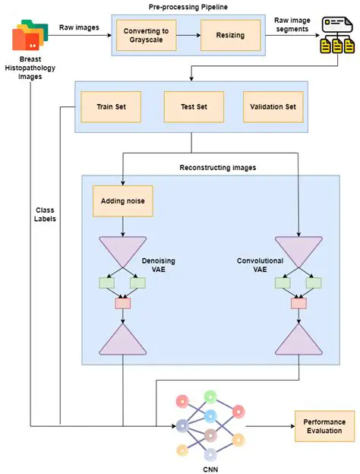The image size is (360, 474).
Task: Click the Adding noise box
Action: tap(122, 202)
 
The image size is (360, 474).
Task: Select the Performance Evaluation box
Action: tap(324, 426)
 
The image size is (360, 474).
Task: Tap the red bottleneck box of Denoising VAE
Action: tap(122, 304)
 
